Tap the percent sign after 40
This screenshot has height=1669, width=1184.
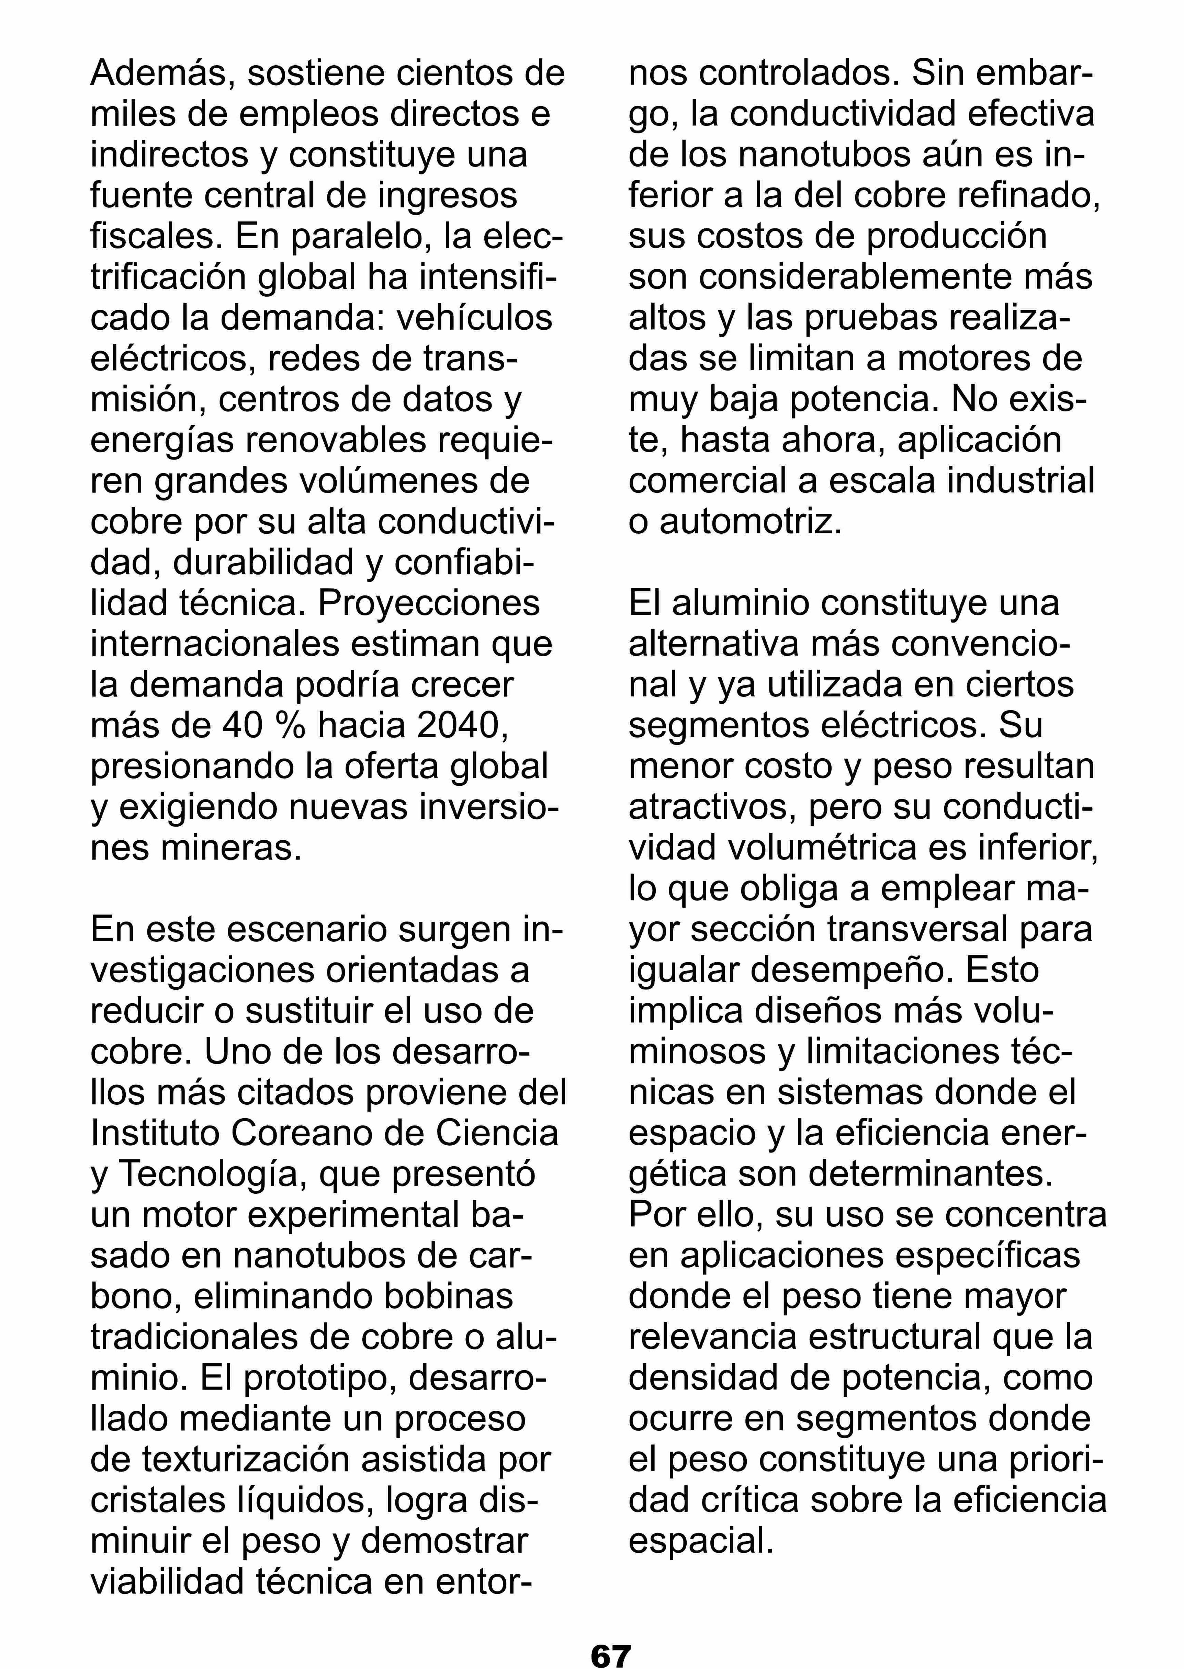point(286,725)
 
